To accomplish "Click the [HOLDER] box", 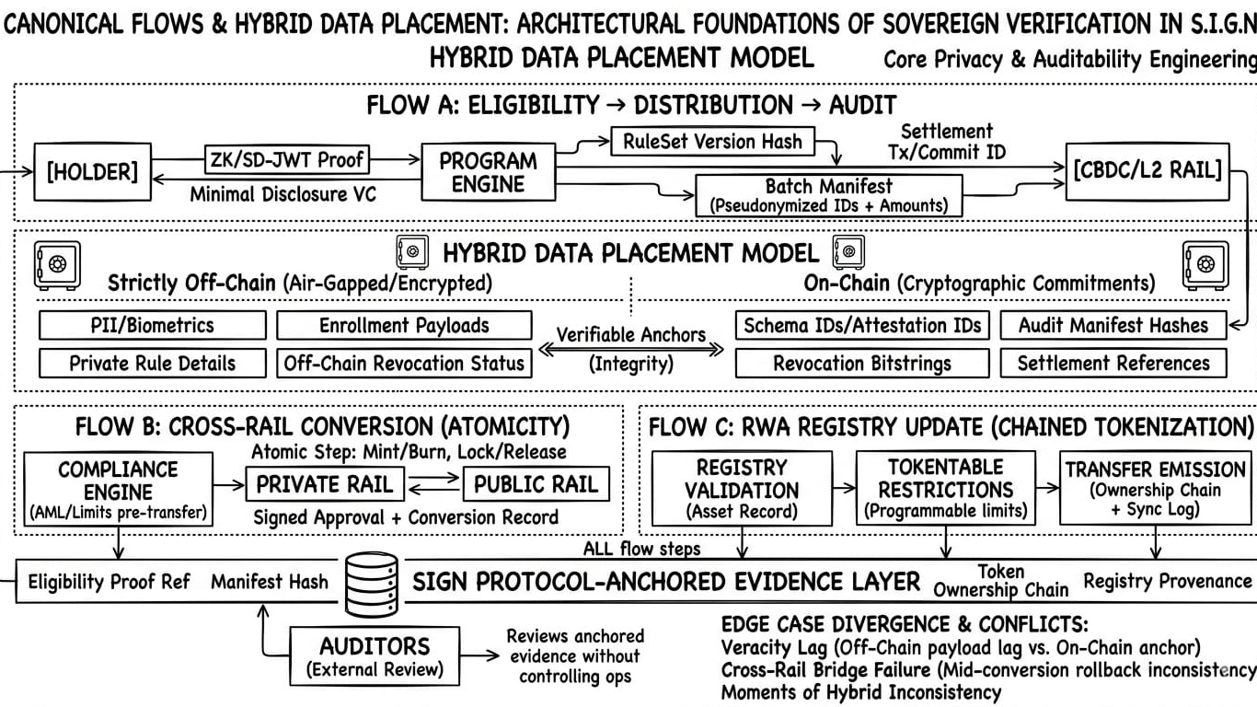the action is (x=93, y=172).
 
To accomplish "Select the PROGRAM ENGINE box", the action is (x=489, y=172).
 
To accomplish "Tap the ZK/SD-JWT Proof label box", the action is (x=287, y=159).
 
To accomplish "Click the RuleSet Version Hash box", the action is (x=712, y=142).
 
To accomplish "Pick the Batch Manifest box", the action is (x=829, y=195).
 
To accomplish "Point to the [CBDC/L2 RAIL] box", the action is (x=1147, y=171).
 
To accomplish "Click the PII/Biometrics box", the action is (x=153, y=325).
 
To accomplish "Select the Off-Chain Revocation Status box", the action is (x=404, y=364).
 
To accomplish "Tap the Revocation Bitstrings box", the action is (x=862, y=364).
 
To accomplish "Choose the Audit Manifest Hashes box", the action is (x=1113, y=325).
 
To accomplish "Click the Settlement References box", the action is (x=1113, y=364).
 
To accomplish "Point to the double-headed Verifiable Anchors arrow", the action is (x=630, y=350).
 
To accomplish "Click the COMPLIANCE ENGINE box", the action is (x=119, y=489).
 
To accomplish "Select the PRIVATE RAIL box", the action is (x=325, y=484).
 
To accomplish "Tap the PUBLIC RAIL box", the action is (x=536, y=484).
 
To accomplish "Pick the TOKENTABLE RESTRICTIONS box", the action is (x=946, y=488).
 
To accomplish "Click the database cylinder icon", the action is (x=372, y=585).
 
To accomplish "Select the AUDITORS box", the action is (x=375, y=655).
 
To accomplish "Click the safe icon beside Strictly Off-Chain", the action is (x=57, y=266).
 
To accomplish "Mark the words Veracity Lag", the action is (x=774, y=647).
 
